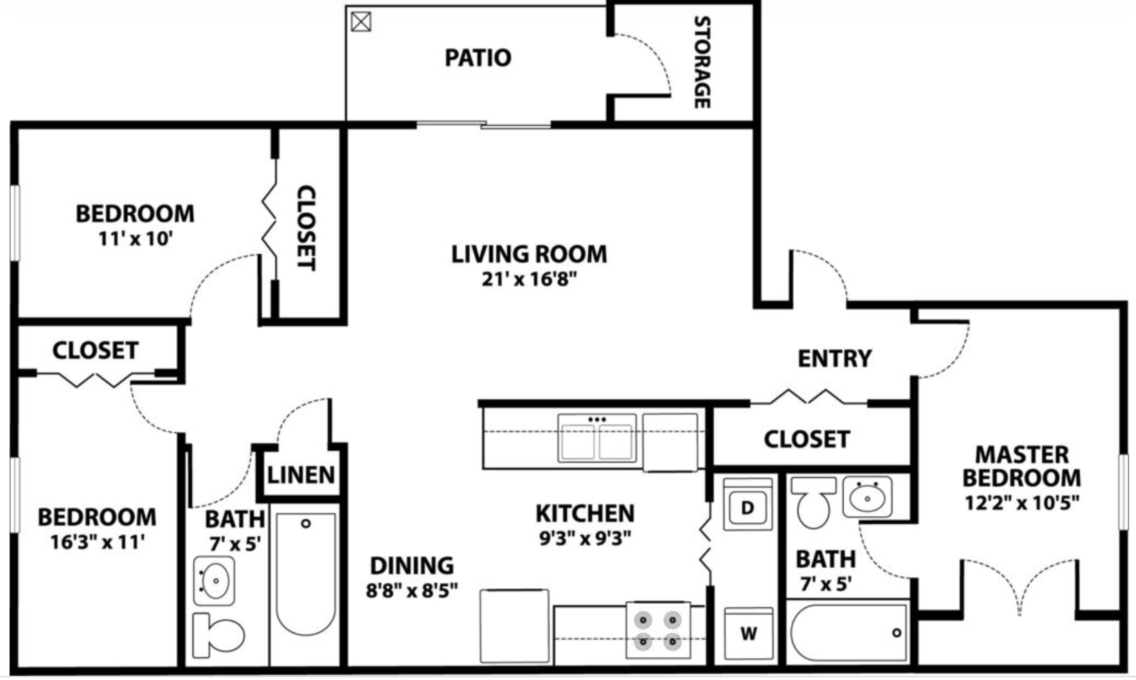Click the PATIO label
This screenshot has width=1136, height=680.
(478, 58)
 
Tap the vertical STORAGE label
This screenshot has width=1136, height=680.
(702, 63)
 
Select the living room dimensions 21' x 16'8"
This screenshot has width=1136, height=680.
(529, 279)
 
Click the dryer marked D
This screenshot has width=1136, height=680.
(747, 507)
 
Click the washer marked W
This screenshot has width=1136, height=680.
(748, 634)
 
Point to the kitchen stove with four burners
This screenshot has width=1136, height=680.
(658, 630)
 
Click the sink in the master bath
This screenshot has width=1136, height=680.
(867, 496)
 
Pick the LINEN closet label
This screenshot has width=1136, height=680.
(301, 475)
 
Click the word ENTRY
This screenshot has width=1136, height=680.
(834, 358)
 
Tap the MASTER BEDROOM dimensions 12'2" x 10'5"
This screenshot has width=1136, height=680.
(1022, 503)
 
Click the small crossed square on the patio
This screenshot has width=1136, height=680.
(361, 22)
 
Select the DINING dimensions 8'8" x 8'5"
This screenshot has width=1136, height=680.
(412, 590)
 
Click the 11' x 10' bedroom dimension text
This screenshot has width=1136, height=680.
(135, 239)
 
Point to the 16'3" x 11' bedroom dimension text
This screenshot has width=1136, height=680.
(97, 542)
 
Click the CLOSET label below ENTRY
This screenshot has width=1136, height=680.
(807, 439)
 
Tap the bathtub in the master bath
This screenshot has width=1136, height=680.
(849, 632)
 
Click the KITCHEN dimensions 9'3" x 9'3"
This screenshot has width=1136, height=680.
(585, 539)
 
